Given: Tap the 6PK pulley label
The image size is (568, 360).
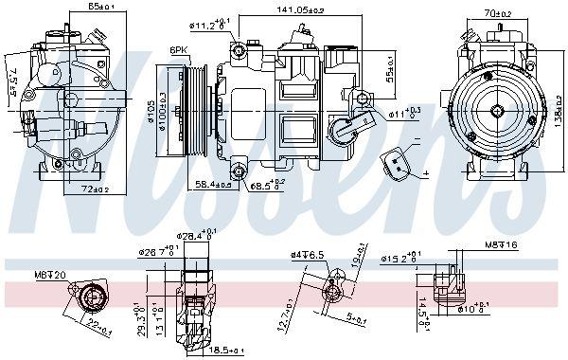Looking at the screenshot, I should point(178,50).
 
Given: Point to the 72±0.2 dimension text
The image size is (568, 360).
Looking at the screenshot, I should point(88,190).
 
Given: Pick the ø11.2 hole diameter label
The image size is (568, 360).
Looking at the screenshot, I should point(209,25).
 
